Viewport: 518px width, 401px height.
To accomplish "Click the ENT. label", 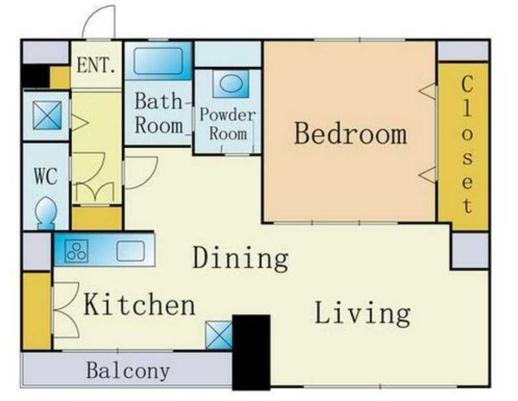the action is click(x=97, y=65).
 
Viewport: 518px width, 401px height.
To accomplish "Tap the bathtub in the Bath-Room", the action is click(x=158, y=61).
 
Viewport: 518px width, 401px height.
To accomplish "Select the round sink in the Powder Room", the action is click(x=231, y=83).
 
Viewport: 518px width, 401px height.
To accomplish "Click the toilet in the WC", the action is click(x=46, y=213).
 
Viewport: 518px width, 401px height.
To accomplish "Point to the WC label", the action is click(x=46, y=177).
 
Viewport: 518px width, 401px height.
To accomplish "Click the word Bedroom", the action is click(x=350, y=133).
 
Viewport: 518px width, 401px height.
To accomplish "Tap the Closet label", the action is click(x=467, y=145).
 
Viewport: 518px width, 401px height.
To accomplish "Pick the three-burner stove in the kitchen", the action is click(x=77, y=251).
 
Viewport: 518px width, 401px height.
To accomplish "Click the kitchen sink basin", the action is click(x=130, y=251).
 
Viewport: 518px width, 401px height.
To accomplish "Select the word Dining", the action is click(x=241, y=258).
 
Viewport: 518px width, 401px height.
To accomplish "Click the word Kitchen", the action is click(x=139, y=304).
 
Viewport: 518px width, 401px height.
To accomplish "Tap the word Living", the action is click(x=363, y=314).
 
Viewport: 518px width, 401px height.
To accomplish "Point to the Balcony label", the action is click(x=128, y=370).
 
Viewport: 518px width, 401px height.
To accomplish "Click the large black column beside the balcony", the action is click(x=251, y=352).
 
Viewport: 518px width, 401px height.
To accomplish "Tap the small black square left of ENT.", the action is click(x=35, y=76).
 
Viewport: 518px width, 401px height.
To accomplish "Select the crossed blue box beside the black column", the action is click(x=219, y=335).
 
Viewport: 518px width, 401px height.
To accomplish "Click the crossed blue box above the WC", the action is click(x=47, y=115).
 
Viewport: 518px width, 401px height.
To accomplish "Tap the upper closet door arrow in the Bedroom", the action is click(x=427, y=90).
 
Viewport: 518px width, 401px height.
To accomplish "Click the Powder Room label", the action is click(x=227, y=124).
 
